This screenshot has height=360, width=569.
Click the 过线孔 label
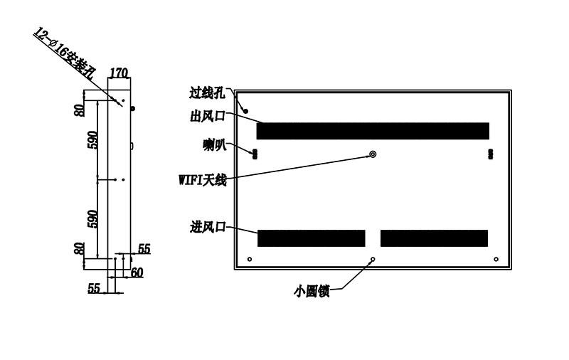207,93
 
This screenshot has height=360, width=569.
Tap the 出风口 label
208,116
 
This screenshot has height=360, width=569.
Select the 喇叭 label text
215,145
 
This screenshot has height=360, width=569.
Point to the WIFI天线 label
203,179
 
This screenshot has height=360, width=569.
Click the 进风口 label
208,227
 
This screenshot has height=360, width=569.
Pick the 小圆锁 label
312,291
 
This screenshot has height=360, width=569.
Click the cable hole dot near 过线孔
245,111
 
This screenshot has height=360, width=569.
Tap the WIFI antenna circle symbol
373,154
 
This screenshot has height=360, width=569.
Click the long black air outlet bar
373,131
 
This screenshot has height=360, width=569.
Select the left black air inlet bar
312,238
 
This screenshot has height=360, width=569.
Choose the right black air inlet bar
434,238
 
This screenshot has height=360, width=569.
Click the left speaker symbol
255,154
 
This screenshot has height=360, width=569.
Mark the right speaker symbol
491,154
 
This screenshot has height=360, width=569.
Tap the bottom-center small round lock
373,259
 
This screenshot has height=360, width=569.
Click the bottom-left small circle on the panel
250,259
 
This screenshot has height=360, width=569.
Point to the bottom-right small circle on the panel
496,259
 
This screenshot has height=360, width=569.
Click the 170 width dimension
119,73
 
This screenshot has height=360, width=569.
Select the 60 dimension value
137,272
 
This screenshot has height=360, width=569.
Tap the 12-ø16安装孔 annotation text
64,53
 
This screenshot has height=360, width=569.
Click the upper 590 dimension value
92,140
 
